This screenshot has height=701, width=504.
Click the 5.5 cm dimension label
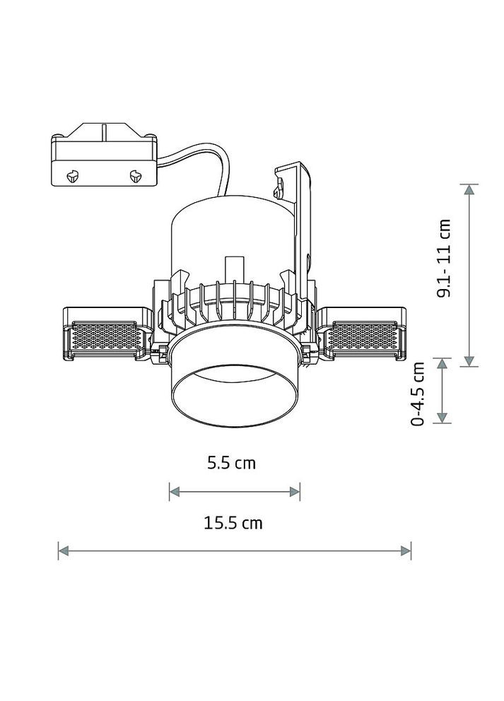[231, 463]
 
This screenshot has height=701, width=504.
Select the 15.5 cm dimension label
[233, 522]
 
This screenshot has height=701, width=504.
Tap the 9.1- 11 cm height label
[444, 258]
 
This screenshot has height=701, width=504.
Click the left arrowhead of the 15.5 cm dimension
[64, 550]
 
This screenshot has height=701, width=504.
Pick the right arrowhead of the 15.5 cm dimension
[406, 550]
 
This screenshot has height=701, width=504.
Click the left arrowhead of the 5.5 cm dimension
[175, 492]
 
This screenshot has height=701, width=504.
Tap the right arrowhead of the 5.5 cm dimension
[295, 492]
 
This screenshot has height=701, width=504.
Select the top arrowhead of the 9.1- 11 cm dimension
[469, 189]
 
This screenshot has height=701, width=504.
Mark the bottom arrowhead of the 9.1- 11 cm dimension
[469, 361]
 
